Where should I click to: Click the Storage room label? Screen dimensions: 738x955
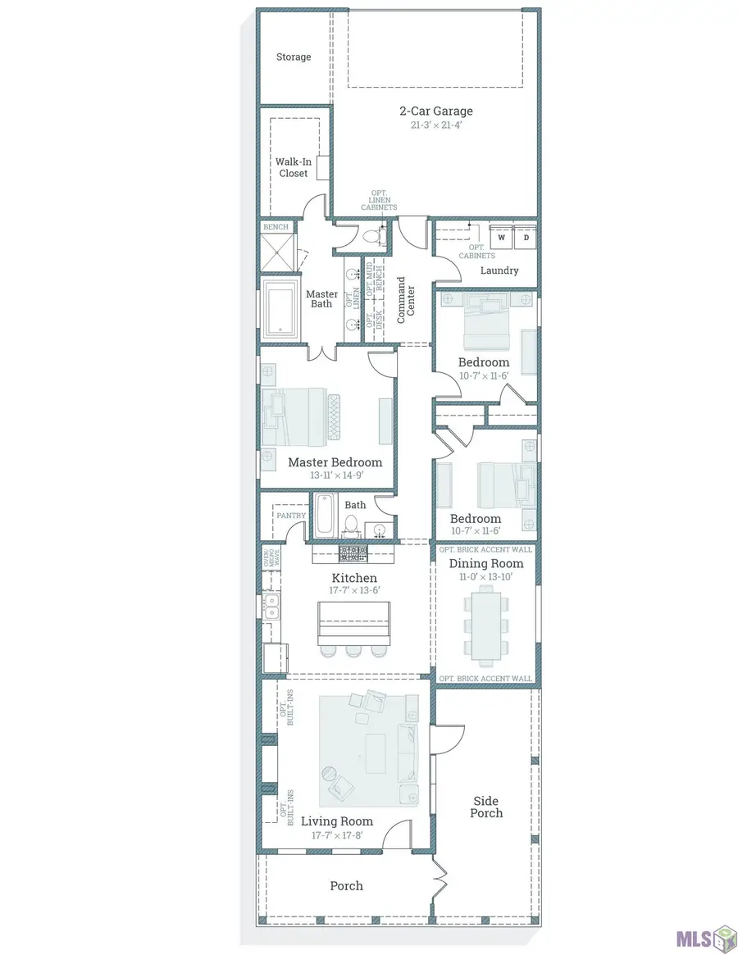[294, 57]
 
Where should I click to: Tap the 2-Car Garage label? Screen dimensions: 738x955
[436, 111]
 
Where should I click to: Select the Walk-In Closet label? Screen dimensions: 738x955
[294, 167]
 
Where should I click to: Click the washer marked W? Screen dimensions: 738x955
[502, 237]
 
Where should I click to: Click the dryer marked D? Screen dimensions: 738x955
[526, 237]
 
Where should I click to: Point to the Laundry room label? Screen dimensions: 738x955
[499, 271]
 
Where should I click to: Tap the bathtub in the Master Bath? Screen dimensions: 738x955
[280, 309]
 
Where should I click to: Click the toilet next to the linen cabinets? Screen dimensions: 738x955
[372, 236]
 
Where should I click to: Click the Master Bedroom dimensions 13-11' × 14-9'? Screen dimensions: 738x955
[336, 475]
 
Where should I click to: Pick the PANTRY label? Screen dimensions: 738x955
[291, 516]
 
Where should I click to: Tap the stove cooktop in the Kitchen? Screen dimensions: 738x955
[353, 553]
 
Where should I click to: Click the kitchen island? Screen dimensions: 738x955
[354, 623]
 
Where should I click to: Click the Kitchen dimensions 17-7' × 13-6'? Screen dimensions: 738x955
[355, 590]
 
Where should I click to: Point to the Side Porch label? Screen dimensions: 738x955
[486, 807]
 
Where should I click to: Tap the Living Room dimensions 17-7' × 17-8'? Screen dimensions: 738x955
[337, 835]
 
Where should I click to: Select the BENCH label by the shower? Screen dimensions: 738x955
[276, 227]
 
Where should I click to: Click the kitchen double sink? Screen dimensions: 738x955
[271, 607]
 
